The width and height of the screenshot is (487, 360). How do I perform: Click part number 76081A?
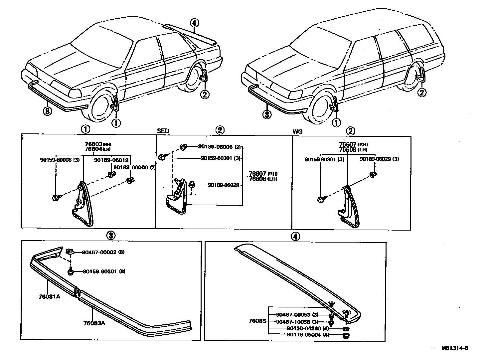coord(49,297)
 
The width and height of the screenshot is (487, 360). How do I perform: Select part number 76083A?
coord(94,323)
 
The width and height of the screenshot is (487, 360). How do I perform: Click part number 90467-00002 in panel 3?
coord(99,252)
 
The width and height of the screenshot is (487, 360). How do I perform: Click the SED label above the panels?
coord(163,131)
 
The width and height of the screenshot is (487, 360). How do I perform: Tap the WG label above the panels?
coord(297,132)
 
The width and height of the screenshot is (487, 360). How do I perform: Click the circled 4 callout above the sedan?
coord(195,23)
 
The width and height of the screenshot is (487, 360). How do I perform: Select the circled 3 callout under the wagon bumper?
coord(267,114)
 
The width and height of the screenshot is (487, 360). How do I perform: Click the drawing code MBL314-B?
coord(455,348)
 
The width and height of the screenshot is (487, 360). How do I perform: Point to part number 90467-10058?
coord(293,322)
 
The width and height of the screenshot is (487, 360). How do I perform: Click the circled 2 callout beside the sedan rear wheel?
coord(205,95)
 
